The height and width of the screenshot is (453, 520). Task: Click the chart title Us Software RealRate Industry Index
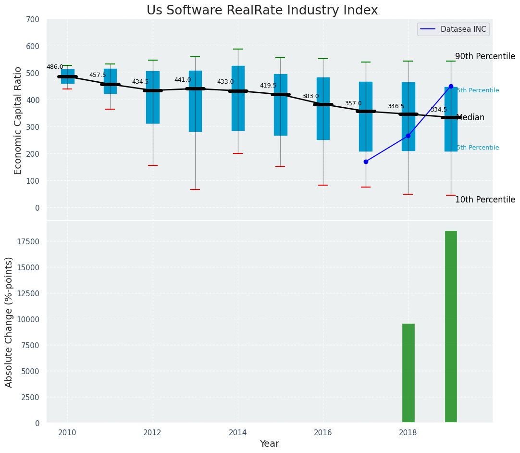click(x=262, y=11)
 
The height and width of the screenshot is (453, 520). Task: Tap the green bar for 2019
click(x=451, y=327)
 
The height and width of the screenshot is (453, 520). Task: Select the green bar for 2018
click(x=408, y=373)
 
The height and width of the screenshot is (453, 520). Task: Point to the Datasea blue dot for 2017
click(x=366, y=162)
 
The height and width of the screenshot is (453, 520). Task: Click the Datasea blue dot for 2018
click(x=408, y=136)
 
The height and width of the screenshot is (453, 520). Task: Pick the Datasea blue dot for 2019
click(x=451, y=87)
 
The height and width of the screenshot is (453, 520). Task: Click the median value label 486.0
click(x=55, y=67)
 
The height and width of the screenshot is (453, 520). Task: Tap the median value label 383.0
click(x=310, y=97)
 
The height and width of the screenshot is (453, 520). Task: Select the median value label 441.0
click(x=183, y=80)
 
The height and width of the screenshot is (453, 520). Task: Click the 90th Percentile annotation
click(x=485, y=56)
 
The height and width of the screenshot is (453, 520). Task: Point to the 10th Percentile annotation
click(x=485, y=200)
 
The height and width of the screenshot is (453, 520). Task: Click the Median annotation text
click(x=470, y=118)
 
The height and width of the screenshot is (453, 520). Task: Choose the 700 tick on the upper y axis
click(x=34, y=19)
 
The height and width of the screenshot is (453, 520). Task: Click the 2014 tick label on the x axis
click(x=238, y=433)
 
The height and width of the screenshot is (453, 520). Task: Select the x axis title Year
click(x=270, y=444)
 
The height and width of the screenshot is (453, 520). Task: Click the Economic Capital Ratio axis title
click(x=18, y=120)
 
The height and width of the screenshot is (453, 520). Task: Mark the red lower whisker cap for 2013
click(x=195, y=189)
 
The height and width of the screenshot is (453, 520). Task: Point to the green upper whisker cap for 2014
click(x=238, y=49)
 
